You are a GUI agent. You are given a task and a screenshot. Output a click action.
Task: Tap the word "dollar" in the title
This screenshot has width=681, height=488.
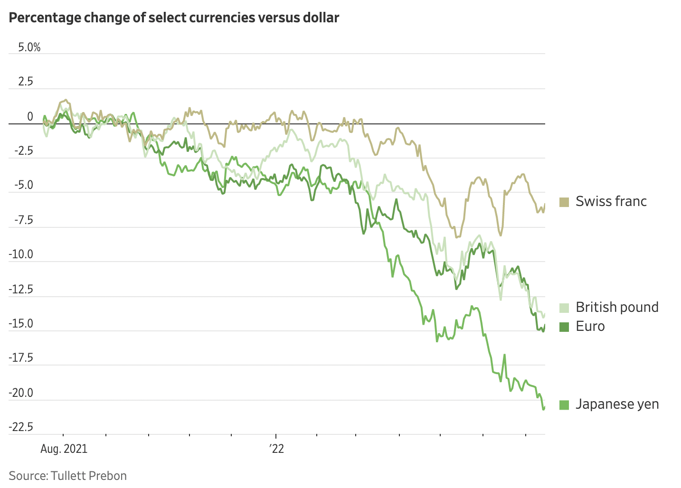320,18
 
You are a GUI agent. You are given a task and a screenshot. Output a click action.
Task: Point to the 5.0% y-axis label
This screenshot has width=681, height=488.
29,47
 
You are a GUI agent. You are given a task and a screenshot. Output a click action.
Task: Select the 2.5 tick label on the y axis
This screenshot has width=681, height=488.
26,82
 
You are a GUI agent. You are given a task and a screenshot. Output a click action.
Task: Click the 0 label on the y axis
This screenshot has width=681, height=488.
30,117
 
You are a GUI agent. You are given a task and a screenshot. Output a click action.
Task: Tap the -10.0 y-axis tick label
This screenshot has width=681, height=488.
21,255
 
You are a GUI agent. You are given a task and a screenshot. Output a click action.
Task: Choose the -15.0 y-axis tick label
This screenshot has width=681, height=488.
21,324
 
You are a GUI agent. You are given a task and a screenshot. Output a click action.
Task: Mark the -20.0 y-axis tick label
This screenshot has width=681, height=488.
21,393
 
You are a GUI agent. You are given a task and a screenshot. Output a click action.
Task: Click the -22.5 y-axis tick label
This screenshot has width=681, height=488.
21,427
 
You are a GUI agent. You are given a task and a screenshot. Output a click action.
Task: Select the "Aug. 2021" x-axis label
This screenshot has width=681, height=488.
64,449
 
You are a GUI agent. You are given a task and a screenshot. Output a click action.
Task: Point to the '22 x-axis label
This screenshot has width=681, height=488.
276,449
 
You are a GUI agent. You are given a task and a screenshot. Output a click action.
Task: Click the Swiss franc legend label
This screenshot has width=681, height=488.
611,201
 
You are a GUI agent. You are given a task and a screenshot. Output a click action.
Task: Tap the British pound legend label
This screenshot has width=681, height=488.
616,307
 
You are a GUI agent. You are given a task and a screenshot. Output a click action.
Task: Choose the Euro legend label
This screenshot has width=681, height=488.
590,327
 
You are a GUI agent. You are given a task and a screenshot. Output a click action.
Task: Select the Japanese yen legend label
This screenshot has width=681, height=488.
617,404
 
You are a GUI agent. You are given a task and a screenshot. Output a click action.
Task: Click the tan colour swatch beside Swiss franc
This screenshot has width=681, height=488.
564,202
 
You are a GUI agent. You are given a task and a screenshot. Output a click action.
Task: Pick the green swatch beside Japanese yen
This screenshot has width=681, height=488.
564,405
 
